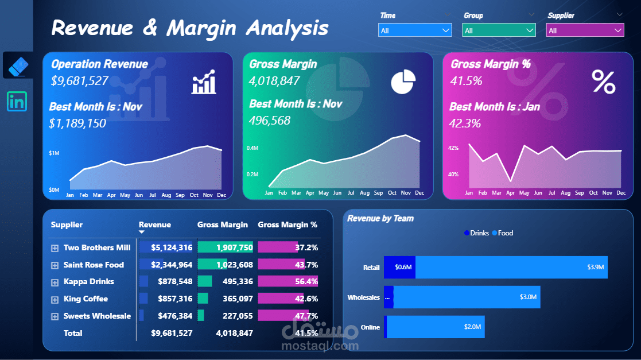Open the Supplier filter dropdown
[x=585, y=30]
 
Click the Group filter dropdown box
[x=499, y=30]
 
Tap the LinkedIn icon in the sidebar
[x=17, y=102]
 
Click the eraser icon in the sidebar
[x=17, y=65]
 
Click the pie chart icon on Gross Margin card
[x=403, y=82]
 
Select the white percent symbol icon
[x=603, y=82]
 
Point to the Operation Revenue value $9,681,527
[x=80, y=81]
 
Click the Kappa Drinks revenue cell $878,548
[x=172, y=282]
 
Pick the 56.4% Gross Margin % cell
[x=306, y=282]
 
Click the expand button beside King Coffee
[x=55, y=299]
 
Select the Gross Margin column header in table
[x=223, y=225]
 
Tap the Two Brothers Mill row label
[x=97, y=248]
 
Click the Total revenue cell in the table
[x=172, y=333]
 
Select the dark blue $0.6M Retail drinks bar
[x=399, y=268]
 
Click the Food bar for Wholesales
[x=466, y=297]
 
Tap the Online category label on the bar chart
[x=370, y=327]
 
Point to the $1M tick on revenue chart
[x=54, y=153]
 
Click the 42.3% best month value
[x=465, y=123]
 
